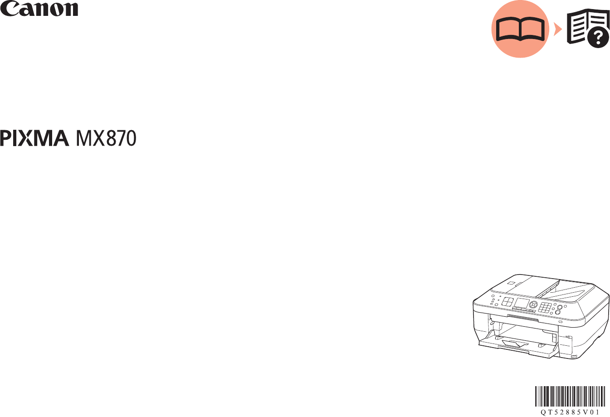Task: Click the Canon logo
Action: pyautogui.click(x=39, y=9)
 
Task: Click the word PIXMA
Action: pyautogui.click(x=34, y=138)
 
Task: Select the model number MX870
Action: pyautogui.click(x=106, y=138)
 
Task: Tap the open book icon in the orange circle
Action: pyautogui.click(x=520, y=30)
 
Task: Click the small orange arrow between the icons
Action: pyautogui.click(x=557, y=30)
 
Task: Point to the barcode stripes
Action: pyautogui.click(x=570, y=396)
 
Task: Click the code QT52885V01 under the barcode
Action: pyautogui.click(x=570, y=412)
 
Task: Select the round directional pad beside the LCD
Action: pyautogui.click(x=533, y=304)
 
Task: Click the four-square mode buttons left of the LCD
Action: pyautogui.click(x=508, y=302)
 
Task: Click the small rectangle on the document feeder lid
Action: pyautogui.click(x=512, y=284)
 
